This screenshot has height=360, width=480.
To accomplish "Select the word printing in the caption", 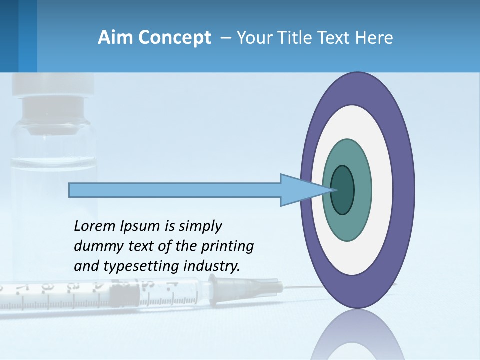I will pos(227,246).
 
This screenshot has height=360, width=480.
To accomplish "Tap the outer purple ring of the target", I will pos(405,190).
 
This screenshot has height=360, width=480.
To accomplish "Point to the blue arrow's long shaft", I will pos(175,190).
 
